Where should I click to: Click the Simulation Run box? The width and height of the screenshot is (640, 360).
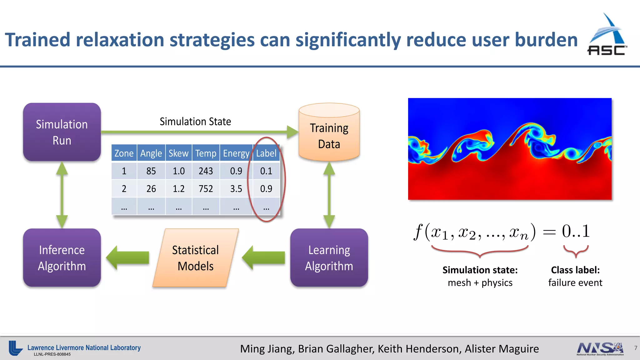[x=62, y=132]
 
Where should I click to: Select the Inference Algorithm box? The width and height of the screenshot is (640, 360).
[x=62, y=258]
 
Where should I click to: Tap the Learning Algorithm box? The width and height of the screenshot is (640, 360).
[x=329, y=258]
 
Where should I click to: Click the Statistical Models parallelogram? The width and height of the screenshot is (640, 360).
[x=196, y=258]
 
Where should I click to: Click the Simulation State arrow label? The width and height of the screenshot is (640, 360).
[x=195, y=122]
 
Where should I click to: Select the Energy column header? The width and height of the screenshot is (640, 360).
[x=236, y=153]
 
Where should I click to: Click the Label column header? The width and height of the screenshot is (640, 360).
[x=266, y=153]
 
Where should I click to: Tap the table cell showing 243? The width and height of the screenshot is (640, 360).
[x=206, y=171]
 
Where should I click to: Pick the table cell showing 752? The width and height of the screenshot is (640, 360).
[x=206, y=189]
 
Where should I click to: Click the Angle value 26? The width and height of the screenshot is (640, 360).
[x=151, y=189]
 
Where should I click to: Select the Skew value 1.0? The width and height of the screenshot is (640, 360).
[x=178, y=171]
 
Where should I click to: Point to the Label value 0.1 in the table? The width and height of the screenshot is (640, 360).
[x=266, y=171]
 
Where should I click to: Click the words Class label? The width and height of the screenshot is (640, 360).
[x=575, y=270]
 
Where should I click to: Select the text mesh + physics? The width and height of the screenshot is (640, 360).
[x=480, y=283]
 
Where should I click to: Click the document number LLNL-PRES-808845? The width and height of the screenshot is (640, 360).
[x=52, y=354]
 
